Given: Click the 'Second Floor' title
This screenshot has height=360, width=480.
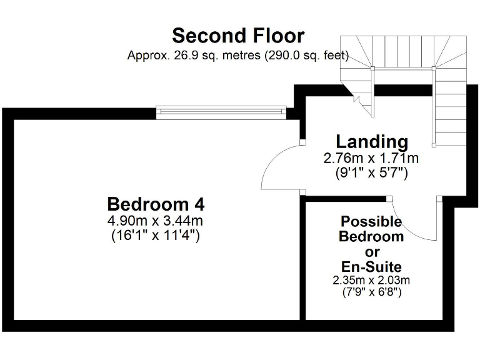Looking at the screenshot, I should pos(238,35).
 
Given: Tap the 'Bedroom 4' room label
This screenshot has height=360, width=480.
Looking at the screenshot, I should pos(156,204).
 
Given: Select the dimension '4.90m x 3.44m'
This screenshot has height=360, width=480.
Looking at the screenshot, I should pos(156,221).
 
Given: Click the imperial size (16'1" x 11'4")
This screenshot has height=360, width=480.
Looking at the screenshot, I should pos(156,236).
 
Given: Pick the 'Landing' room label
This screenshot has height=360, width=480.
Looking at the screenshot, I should pos(372,141).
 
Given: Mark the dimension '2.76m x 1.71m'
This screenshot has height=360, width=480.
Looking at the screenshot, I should pos(371,158).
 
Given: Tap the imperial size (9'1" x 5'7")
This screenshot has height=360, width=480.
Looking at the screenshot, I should pos(371,173).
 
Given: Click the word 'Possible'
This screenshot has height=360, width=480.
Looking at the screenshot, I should pos(371,221).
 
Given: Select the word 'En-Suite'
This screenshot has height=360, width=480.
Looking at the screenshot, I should pos(371,267).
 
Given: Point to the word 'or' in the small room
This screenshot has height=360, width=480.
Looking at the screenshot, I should pos(372,252).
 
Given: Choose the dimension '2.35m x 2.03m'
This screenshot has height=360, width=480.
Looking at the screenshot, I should pos(371,281).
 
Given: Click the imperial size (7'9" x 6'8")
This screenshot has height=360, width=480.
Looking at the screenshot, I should pos(371,292).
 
